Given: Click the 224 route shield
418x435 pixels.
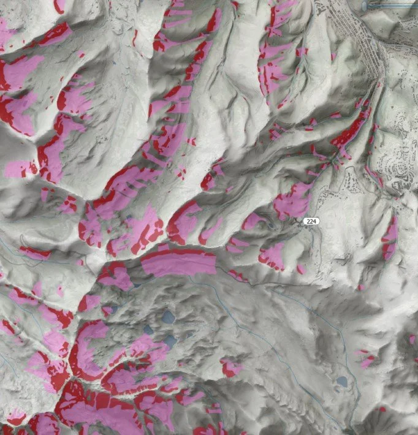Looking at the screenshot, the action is (x=312, y=222).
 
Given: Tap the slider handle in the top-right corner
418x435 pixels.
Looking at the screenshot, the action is (x=366, y=6).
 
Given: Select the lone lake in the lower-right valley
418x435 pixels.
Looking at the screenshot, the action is (x=341, y=382).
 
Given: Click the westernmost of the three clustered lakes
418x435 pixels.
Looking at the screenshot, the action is (x=147, y=330).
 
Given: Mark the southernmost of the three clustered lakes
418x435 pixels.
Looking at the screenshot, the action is (x=169, y=339).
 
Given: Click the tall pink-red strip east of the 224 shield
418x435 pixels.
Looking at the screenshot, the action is (x=389, y=238).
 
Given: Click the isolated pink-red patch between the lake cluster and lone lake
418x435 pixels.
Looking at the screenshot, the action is (x=230, y=368).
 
